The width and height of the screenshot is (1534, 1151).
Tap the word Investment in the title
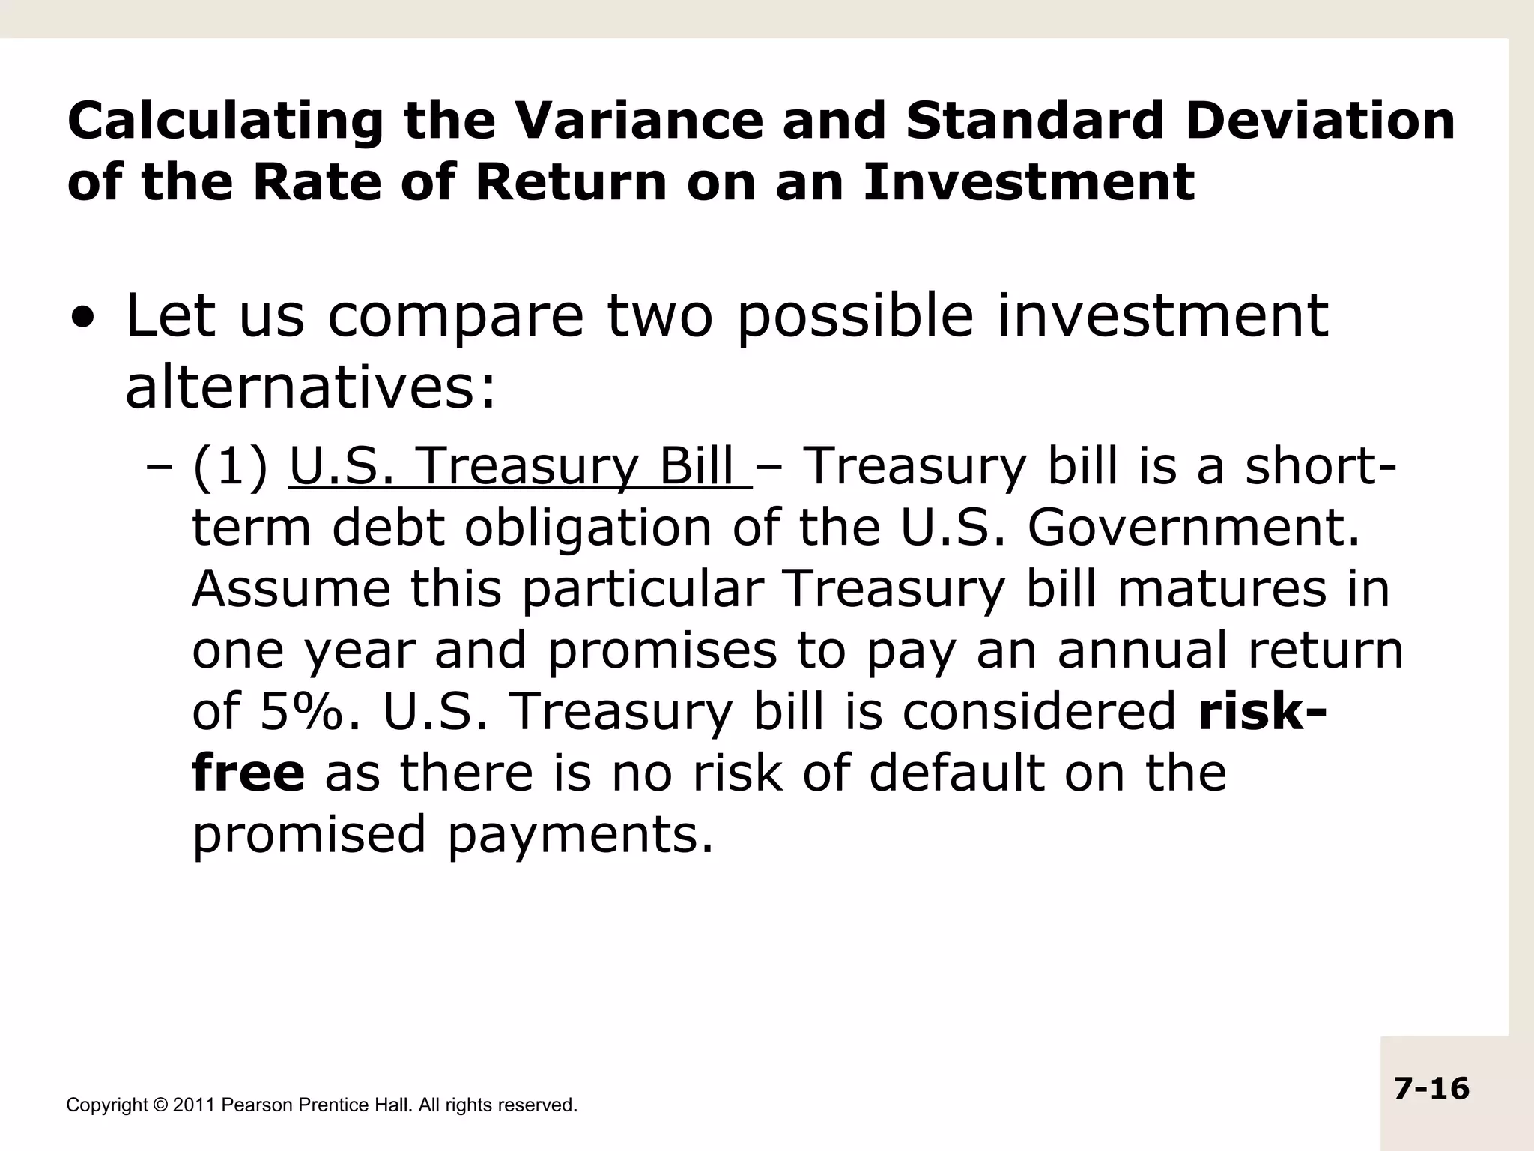point(1028,182)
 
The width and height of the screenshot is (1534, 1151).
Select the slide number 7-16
point(1431,1088)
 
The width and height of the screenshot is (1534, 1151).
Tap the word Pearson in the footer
point(258,1105)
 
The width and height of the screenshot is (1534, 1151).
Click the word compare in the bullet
point(455,318)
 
